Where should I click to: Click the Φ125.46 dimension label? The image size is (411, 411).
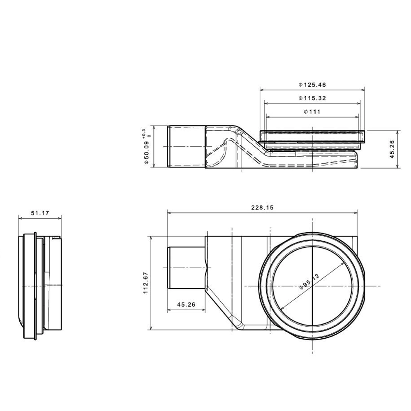pos(312,85)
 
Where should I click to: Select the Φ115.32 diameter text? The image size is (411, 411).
pos(312,98)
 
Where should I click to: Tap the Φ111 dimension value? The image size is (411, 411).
pos(312,112)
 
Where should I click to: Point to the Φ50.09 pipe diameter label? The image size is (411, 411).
pos(147,152)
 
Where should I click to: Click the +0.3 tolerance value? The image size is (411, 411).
pos(143,134)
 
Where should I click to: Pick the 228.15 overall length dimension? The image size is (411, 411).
pos(262,208)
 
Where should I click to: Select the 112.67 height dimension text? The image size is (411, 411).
pos(146,283)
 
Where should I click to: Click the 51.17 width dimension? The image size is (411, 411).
pos(40,213)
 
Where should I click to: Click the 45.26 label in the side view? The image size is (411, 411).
pos(392,149)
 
